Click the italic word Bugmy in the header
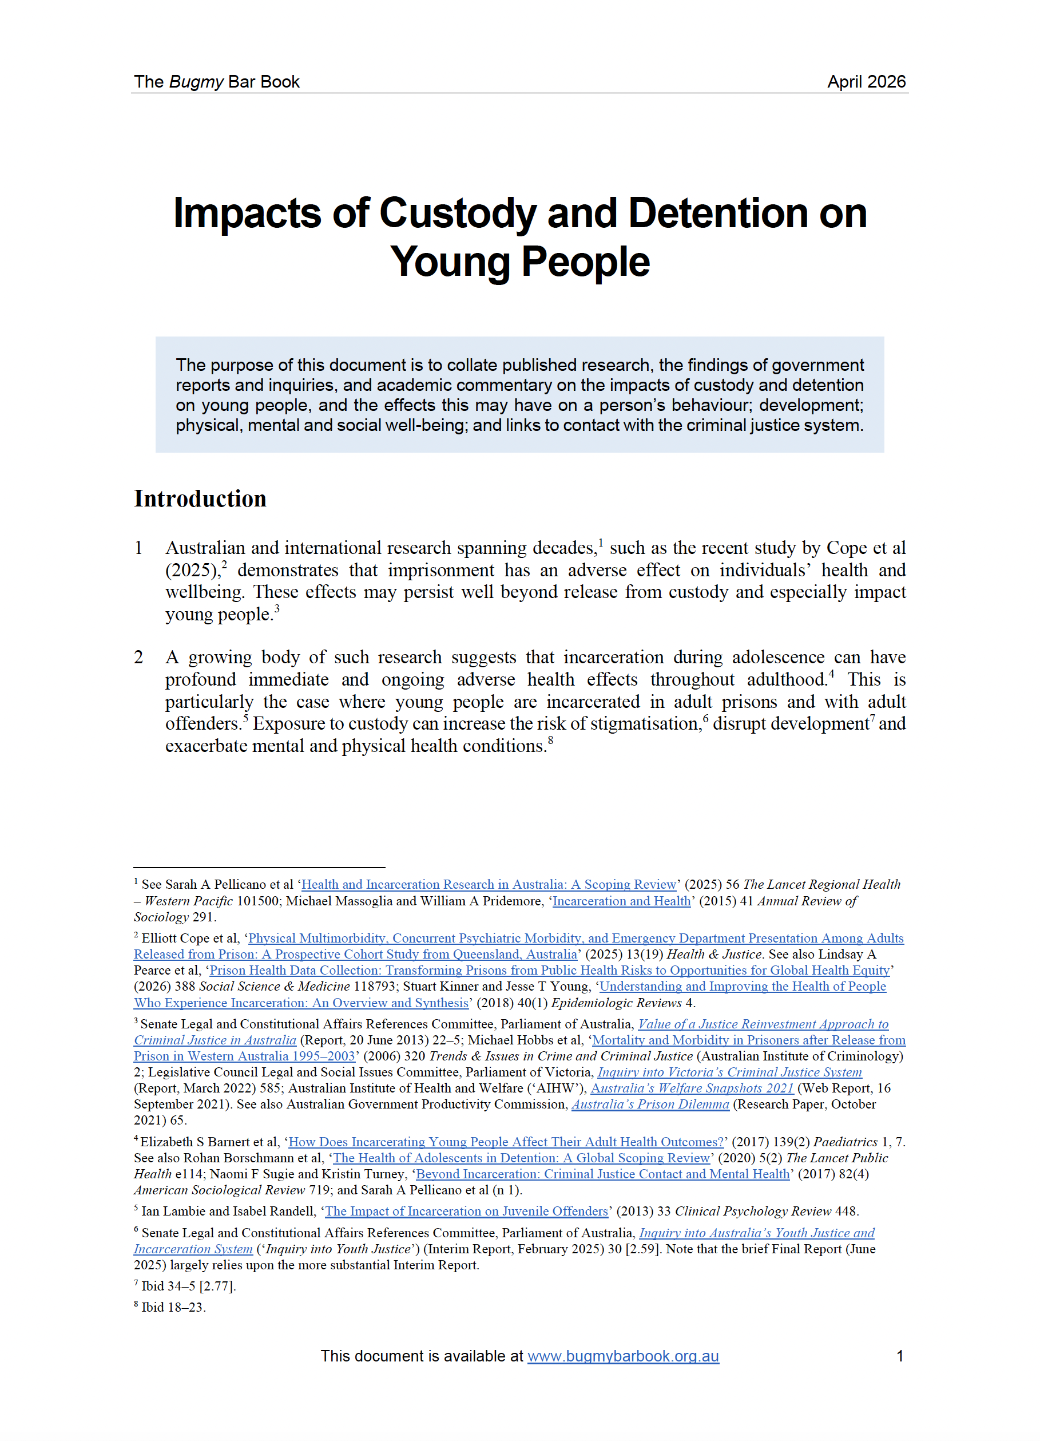pyautogui.click(x=196, y=82)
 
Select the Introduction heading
pyautogui.click(x=200, y=499)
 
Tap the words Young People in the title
pyautogui.click(x=519, y=262)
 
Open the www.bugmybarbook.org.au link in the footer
pyautogui.click(x=622, y=1356)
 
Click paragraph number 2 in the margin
pyautogui.click(x=138, y=657)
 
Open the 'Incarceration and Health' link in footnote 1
pyautogui.click(x=621, y=901)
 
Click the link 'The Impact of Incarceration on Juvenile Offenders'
pyautogui.click(x=466, y=1211)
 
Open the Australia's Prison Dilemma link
pyautogui.click(x=650, y=1104)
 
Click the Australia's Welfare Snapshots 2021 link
pyautogui.click(x=692, y=1088)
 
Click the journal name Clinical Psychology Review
pyautogui.click(x=753, y=1211)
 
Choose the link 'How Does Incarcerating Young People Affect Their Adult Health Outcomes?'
pyautogui.click(x=506, y=1142)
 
